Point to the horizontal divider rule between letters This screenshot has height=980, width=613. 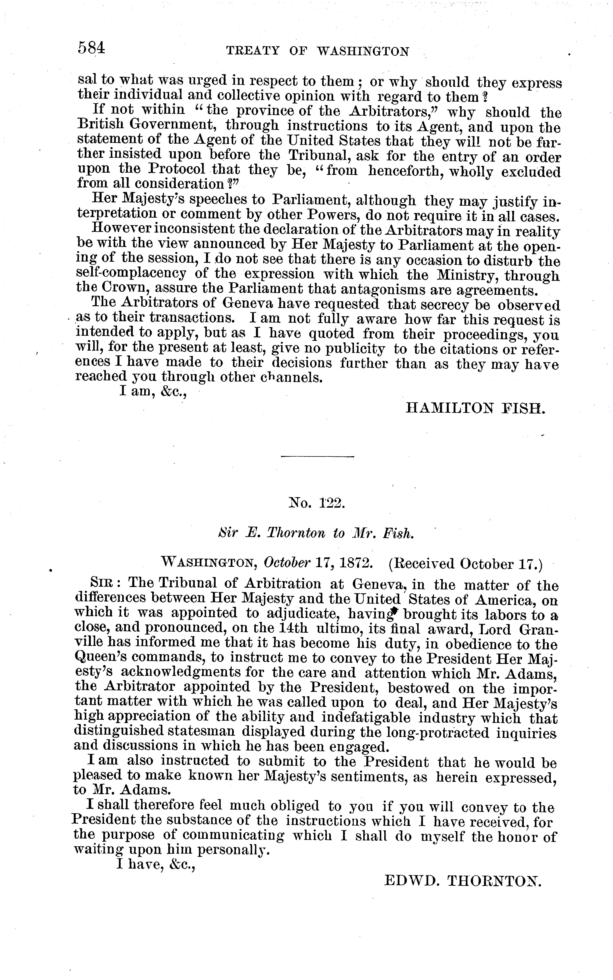pyautogui.click(x=317, y=457)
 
